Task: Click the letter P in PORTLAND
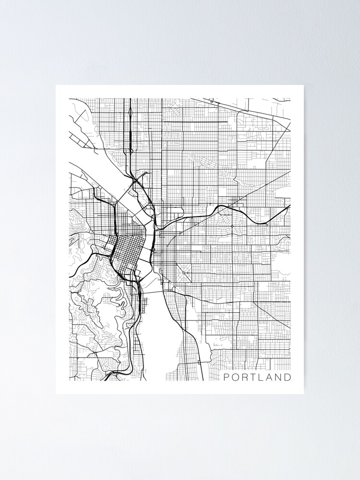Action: pyautogui.click(x=227, y=377)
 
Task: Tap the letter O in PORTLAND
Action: pyautogui.click(x=236, y=377)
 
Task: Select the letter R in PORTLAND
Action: pyautogui.click(x=245, y=377)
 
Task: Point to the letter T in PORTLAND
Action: pyautogui.click(x=253, y=377)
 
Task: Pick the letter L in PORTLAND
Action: pyautogui.click(x=261, y=377)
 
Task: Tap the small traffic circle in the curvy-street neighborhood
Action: pyautogui.click(x=232, y=226)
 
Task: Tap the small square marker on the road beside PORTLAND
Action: pyautogui.click(x=200, y=361)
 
